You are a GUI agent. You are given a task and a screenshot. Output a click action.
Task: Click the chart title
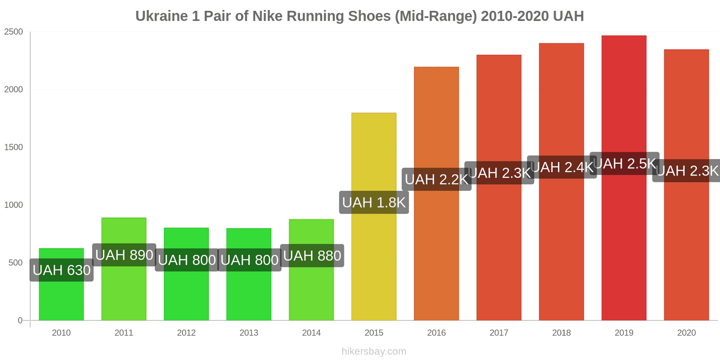[x=360, y=16]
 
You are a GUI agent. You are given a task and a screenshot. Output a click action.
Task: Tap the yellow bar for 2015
[x=373, y=261]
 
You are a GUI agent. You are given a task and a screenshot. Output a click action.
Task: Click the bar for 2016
[x=436, y=252]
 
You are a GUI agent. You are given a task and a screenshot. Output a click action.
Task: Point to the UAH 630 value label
[x=62, y=270]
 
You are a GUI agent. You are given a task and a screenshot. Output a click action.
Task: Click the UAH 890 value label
[x=124, y=255]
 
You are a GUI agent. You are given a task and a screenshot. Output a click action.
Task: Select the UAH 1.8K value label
[x=374, y=202]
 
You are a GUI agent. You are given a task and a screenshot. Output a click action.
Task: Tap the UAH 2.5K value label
[x=625, y=164]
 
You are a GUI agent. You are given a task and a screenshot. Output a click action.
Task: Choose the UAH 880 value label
[x=312, y=256]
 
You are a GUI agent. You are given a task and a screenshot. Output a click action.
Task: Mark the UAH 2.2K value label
[x=436, y=180]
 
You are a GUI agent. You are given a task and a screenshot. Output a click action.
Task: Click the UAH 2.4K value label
[x=562, y=167]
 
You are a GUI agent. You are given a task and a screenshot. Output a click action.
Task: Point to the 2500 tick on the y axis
[x=13, y=32]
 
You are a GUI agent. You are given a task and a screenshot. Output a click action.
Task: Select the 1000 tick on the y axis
[x=13, y=205]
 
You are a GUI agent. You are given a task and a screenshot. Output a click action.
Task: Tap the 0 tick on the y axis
[x=20, y=320]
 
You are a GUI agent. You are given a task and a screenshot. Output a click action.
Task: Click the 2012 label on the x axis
[x=186, y=333]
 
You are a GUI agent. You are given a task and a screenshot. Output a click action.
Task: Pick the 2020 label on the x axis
[x=686, y=333]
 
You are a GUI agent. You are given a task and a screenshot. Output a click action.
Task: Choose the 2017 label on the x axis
[x=499, y=333]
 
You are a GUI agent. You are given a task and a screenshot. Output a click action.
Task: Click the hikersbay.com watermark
[x=373, y=351]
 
